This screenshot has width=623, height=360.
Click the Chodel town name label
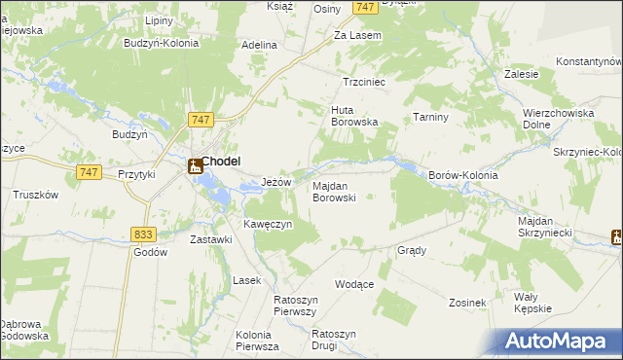[x=222, y=162]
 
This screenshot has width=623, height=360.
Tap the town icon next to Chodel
[x=195, y=165]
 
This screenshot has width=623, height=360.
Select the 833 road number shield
[x=143, y=234]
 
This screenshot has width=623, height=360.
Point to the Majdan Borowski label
[x=334, y=191]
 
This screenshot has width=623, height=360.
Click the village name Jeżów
[x=277, y=182]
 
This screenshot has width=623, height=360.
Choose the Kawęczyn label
[x=267, y=225]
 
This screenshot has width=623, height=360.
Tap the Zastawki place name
[x=210, y=239]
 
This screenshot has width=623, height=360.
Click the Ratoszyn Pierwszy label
[x=296, y=306]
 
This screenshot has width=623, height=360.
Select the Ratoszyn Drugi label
[x=334, y=340]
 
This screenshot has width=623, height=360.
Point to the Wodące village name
[x=354, y=284]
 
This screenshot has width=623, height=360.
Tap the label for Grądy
[x=412, y=250]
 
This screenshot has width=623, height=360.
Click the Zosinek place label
[x=467, y=303]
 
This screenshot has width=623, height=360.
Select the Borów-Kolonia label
[x=463, y=175]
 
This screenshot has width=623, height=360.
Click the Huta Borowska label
[x=353, y=116]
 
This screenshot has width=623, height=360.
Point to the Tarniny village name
[x=429, y=117]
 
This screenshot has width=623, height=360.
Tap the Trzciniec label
[x=365, y=83]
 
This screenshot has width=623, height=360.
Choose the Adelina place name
[x=260, y=45]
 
